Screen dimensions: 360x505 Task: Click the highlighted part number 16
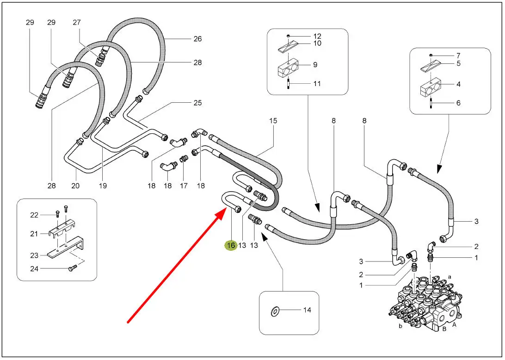tap(231, 245)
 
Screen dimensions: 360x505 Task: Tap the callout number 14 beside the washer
tap(307, 310)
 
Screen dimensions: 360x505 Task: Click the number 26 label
tap(197, 39)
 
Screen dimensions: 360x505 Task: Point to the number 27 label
tap(77, 22)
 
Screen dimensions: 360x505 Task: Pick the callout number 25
tap(197, 103)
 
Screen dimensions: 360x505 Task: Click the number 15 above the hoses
tap(273, 121)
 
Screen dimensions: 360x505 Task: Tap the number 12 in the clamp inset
tap(317, 36)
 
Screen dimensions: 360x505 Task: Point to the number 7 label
tap(458, 56)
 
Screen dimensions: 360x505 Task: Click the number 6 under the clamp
tap(458, 103)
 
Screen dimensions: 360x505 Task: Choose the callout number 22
tap(34, 215)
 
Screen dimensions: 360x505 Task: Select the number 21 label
tap(34, 234)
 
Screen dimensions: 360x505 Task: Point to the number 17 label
tap(184, 186)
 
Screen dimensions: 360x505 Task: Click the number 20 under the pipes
tap(75, 186)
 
